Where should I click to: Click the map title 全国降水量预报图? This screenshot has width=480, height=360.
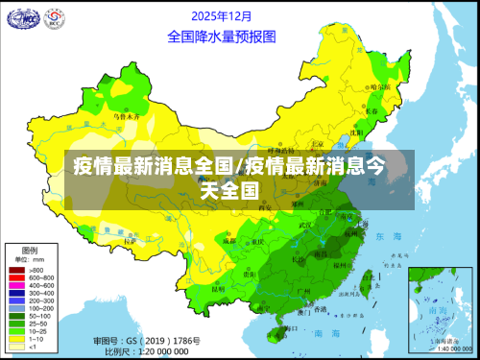221,37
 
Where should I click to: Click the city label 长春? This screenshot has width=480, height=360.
372,111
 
